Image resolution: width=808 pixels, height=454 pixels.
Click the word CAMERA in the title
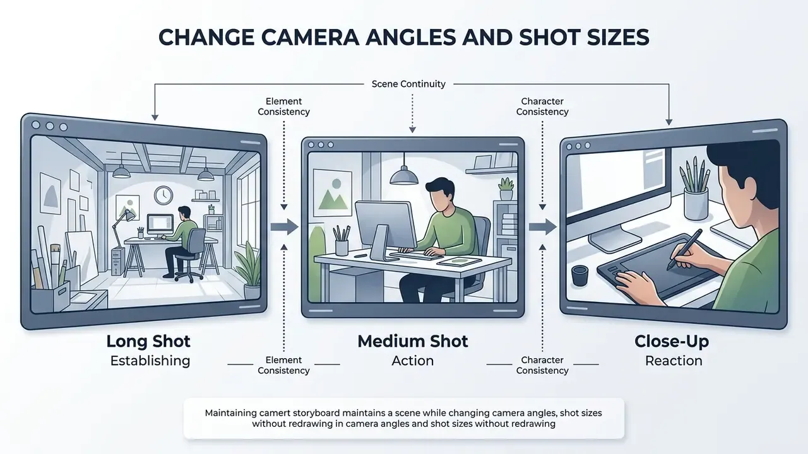(310, 37)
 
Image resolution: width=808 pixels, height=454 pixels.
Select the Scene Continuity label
(408, 84)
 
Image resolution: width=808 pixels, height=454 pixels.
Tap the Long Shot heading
(148, 342)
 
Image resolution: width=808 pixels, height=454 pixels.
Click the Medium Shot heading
(413, 342)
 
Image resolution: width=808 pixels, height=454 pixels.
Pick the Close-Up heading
(672, 342)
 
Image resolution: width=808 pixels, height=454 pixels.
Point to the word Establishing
(150, 361)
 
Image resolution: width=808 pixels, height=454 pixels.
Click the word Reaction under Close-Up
(674, 361)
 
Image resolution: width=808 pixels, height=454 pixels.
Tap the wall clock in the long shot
(163, 195)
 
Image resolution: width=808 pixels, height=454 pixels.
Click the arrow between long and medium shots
(285, 227)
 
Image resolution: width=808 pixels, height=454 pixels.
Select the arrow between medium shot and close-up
(543, 227)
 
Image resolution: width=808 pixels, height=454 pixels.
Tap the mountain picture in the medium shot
(333, 193)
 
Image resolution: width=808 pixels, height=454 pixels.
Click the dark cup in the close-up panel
(579, 276)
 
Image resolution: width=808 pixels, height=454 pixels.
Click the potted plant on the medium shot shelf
(506, 189)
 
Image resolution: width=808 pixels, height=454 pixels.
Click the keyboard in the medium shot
(417, 255)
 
